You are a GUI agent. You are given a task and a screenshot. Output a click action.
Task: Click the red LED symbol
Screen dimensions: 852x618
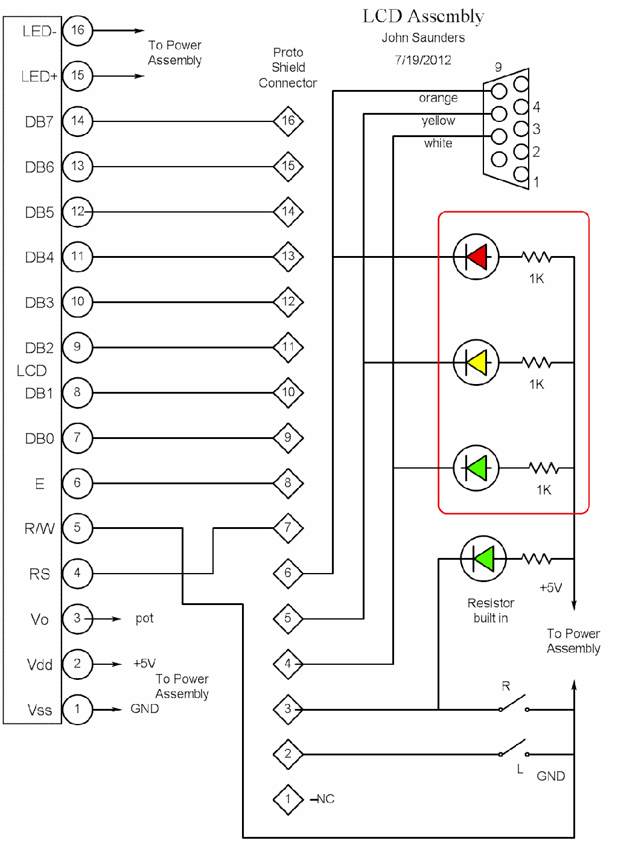[x=476, y=257]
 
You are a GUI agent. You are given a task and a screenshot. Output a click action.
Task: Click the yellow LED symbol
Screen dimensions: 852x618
[x=476, y=362]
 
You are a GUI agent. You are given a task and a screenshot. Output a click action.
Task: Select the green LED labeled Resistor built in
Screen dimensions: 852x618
[x=483, y=559]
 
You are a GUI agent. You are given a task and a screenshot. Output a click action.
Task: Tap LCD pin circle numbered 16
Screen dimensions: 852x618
[x=77, y=30]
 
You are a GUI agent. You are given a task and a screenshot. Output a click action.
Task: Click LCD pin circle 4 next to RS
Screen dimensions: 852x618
[x=77, y=573]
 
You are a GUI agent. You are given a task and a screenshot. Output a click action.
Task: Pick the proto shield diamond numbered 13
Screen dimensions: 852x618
[x=288, y=256]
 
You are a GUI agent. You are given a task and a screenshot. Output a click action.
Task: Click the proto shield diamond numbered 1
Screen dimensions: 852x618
[x=288, y=799]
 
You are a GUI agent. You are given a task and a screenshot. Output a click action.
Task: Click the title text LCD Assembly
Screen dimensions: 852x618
[x=423, y=16]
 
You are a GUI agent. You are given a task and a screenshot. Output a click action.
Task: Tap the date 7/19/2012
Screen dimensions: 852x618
[x=423, y=60]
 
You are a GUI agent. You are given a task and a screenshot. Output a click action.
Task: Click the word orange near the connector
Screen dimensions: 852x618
[x=438, y=98]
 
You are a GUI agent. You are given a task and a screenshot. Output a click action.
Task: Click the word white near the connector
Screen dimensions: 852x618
[x=438, y=143]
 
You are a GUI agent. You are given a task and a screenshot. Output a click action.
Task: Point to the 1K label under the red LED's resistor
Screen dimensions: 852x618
[x=536, y=278]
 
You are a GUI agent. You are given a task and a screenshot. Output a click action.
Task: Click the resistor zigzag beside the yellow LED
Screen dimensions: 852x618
[x=536, y=362]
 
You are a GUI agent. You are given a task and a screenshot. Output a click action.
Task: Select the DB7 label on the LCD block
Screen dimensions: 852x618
[x=39, y=122]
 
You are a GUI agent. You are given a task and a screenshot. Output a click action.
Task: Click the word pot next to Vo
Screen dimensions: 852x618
[x=144, y=618]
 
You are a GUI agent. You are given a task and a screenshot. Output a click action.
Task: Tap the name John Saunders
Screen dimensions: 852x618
[x=423, y=38]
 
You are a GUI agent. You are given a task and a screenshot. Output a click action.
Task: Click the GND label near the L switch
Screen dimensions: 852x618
[x=550, y=776]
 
